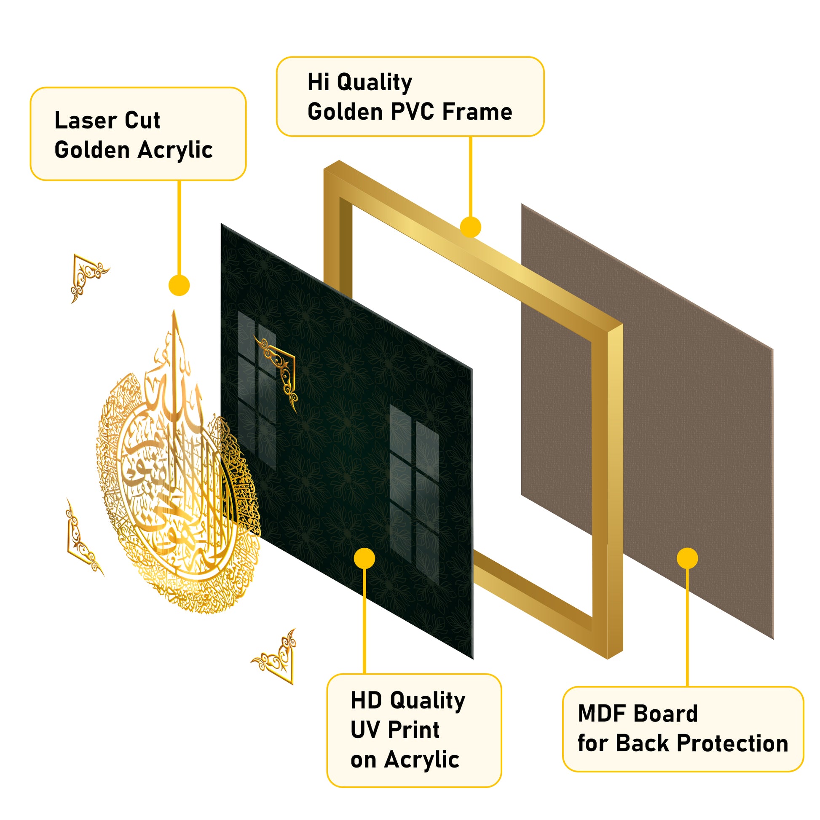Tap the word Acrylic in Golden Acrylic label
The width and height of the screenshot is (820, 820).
pyautogui.click(x=175, y=150)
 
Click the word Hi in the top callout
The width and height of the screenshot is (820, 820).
pyautogui.click(x=319, y=82)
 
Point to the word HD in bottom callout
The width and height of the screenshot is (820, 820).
pyautogui.click(x=366, y=701)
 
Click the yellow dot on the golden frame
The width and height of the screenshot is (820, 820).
pyautogui.click(x=470, y=227)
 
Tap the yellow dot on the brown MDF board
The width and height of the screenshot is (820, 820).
pyautogui.click(x=687, y=558)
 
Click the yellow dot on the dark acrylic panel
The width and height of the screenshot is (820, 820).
pyautogui.click(x=364, y=558)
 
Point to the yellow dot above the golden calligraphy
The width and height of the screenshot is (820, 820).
pyautogui.click(x=179, y=285)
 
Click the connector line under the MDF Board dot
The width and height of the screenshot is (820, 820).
pyautogui.click(x=687, y=628)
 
